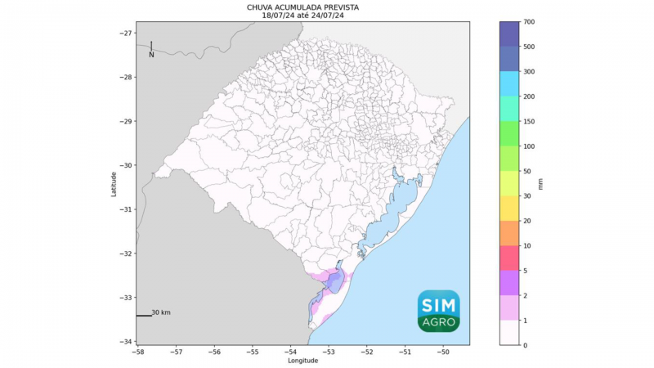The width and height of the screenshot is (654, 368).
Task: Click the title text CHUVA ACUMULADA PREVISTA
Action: tap(303, 7)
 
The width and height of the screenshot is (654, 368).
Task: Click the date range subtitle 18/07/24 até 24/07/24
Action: tap(303, 15)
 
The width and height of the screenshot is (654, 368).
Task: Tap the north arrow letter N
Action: tap(151, 55)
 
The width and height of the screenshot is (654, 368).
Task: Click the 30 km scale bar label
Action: tap(161, 312)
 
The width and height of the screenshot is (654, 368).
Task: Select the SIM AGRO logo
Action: tap(439, 311)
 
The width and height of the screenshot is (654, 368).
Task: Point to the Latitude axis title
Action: tap(114, 183)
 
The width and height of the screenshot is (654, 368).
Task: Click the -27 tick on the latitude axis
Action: tap(127, 34)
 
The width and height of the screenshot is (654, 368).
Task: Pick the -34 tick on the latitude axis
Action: tap(127, 341)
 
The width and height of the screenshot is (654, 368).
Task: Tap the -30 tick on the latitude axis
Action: tap(127, 165)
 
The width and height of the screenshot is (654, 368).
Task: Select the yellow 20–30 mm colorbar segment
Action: tap(511, 209)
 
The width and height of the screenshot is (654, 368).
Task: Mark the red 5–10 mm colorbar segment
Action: tap(511, 258)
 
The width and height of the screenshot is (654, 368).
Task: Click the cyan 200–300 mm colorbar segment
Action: tap(511, 84)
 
